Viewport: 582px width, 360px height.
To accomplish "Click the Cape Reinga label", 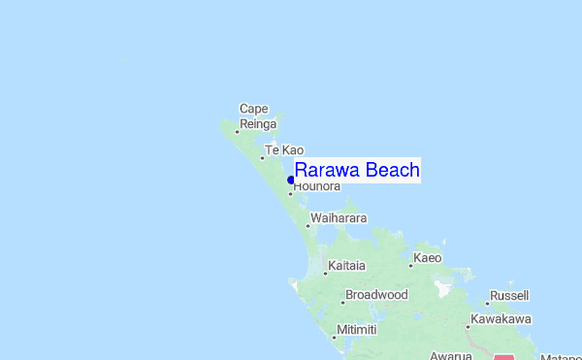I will tap(259, 116).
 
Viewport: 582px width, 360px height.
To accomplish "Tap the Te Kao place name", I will tap(284, 150).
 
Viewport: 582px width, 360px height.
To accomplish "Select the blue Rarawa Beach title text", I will tap(357, 171).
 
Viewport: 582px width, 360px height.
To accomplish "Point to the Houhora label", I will tap(317, 186).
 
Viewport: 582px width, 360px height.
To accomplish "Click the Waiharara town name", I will tap(339, 219).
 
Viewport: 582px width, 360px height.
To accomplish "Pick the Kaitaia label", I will tap(347, 265).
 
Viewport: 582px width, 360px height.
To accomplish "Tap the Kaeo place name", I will tap(428, 258).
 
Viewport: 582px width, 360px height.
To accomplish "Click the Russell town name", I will tap(509, 295).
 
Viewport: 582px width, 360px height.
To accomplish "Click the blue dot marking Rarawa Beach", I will tap(291, 180).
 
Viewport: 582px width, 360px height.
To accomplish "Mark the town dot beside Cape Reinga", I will tap(237, 132).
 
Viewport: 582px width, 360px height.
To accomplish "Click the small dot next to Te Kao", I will tap(262, 157).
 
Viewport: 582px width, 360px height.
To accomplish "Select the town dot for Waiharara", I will tap(307, 226).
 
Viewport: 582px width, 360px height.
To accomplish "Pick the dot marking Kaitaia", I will tap(325, 273).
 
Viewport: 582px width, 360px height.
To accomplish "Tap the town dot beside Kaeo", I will tap(411, 265).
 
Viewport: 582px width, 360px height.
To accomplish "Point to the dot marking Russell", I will tap(487, 303).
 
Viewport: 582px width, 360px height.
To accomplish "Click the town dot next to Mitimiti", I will tap(335, 337).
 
